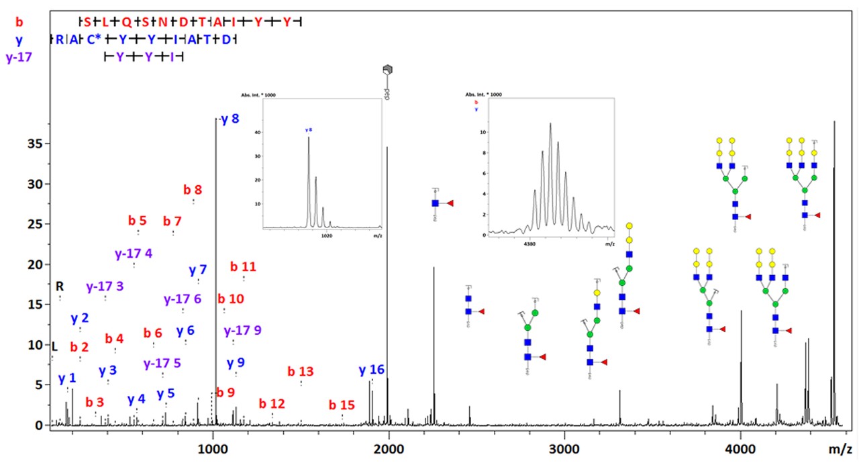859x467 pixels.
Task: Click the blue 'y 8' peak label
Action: point(230,119)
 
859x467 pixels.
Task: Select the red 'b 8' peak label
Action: point(193,190)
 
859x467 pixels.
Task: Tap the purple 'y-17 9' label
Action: point(243,331)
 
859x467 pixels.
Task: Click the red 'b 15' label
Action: point(342,406)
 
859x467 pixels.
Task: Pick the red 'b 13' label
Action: point(301,372)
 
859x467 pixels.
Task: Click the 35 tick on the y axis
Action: point(34,144)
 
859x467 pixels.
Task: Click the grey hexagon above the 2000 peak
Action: point(387,70)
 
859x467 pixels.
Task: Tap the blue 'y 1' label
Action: point(67,379)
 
